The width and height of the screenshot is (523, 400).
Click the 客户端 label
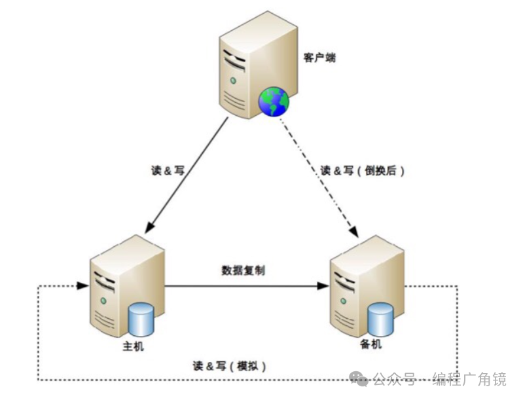pos(319,58)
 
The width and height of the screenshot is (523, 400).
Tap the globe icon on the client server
pos(274,101)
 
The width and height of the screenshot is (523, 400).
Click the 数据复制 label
pos(243,270)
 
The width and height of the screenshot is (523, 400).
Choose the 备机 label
pos(370,345)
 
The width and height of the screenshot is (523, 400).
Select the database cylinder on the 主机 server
pos(141,319)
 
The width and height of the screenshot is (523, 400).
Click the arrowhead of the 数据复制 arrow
pos(323,286)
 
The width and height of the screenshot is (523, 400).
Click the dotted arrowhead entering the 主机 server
pos(83,286)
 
